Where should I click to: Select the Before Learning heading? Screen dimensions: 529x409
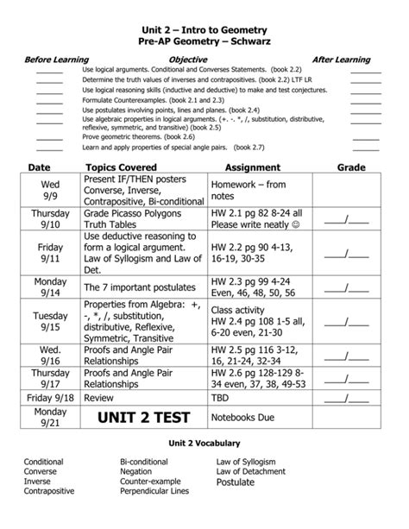click(56, 60)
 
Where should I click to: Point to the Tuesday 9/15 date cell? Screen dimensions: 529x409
click(50, 322)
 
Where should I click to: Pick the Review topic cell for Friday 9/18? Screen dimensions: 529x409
click(99, 398)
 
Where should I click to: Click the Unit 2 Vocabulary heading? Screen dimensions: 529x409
click(204, 443)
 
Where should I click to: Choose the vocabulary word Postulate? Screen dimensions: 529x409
click(236, 482)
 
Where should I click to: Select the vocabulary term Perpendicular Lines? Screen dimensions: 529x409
click(154, 491)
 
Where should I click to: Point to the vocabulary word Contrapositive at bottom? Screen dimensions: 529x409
click(49, 491)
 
